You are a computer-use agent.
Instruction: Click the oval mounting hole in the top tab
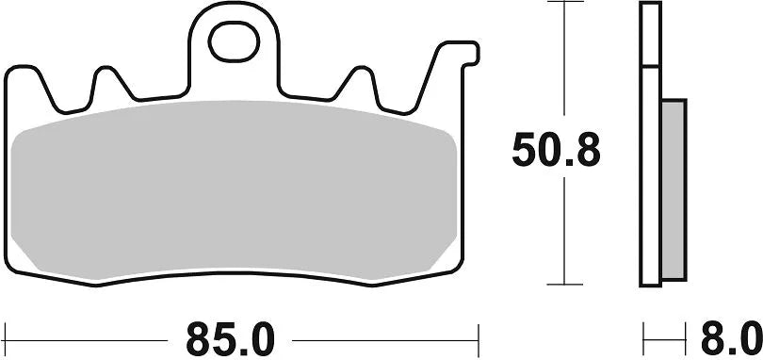pyautogui.click(x=235, y=40)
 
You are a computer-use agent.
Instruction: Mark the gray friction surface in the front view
pyautogui.click(x=235, y=188)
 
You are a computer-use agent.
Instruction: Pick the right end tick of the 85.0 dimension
pyautogui.click(x=479, y=336)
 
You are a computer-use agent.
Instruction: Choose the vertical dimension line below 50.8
pyautogui.click(x=564, y=231)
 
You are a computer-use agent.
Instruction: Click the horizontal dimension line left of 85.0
pyautogui.click(x=94, y=336)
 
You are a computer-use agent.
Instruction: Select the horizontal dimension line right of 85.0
pyautogui.click(x=386, y=336)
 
